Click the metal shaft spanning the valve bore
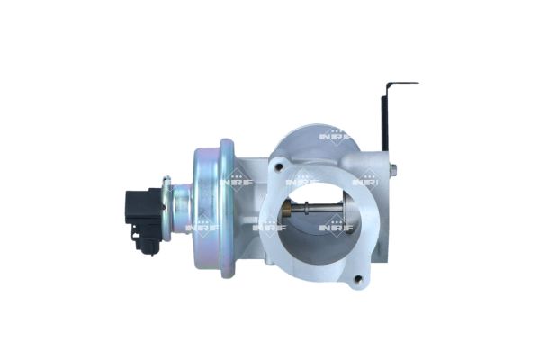tap(315, 212)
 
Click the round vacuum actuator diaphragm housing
tap(215, 206)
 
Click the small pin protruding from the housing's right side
tap(392, 168)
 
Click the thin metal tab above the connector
tap(166, 184)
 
